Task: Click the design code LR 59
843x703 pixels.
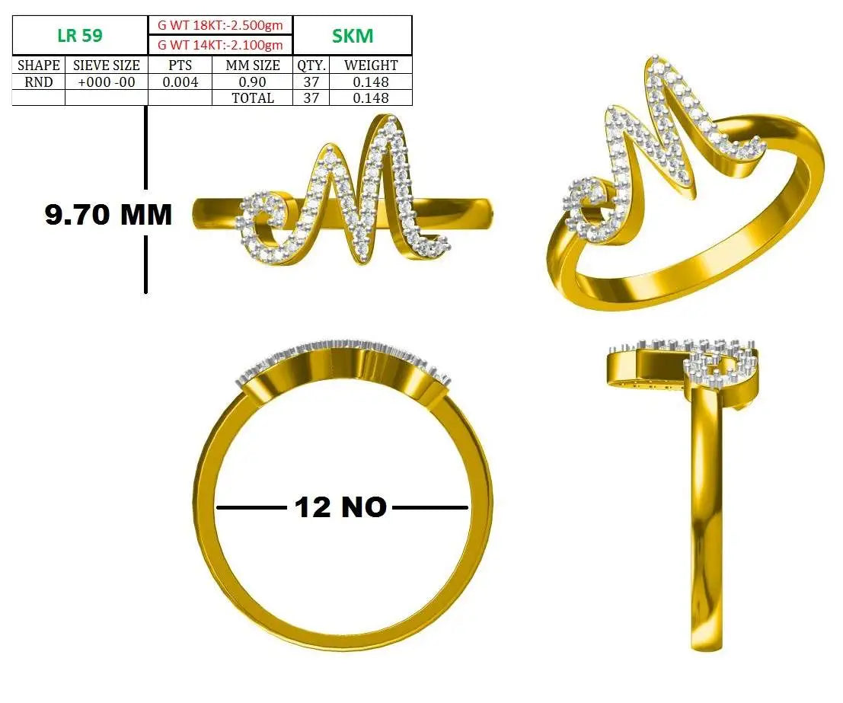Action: point(79,36)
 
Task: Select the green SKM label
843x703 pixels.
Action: point(352,36)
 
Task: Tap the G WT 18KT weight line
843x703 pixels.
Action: point(220,24)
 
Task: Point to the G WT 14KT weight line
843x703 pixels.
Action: point(220,45)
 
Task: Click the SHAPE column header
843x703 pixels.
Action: point(39,65)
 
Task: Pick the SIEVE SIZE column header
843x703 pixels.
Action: point(107,65)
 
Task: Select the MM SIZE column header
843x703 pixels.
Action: point(253,65)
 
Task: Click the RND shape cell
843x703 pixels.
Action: point(39,81)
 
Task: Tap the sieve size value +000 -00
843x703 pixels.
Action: point(107,81)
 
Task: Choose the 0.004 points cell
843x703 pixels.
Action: point(180,81)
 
